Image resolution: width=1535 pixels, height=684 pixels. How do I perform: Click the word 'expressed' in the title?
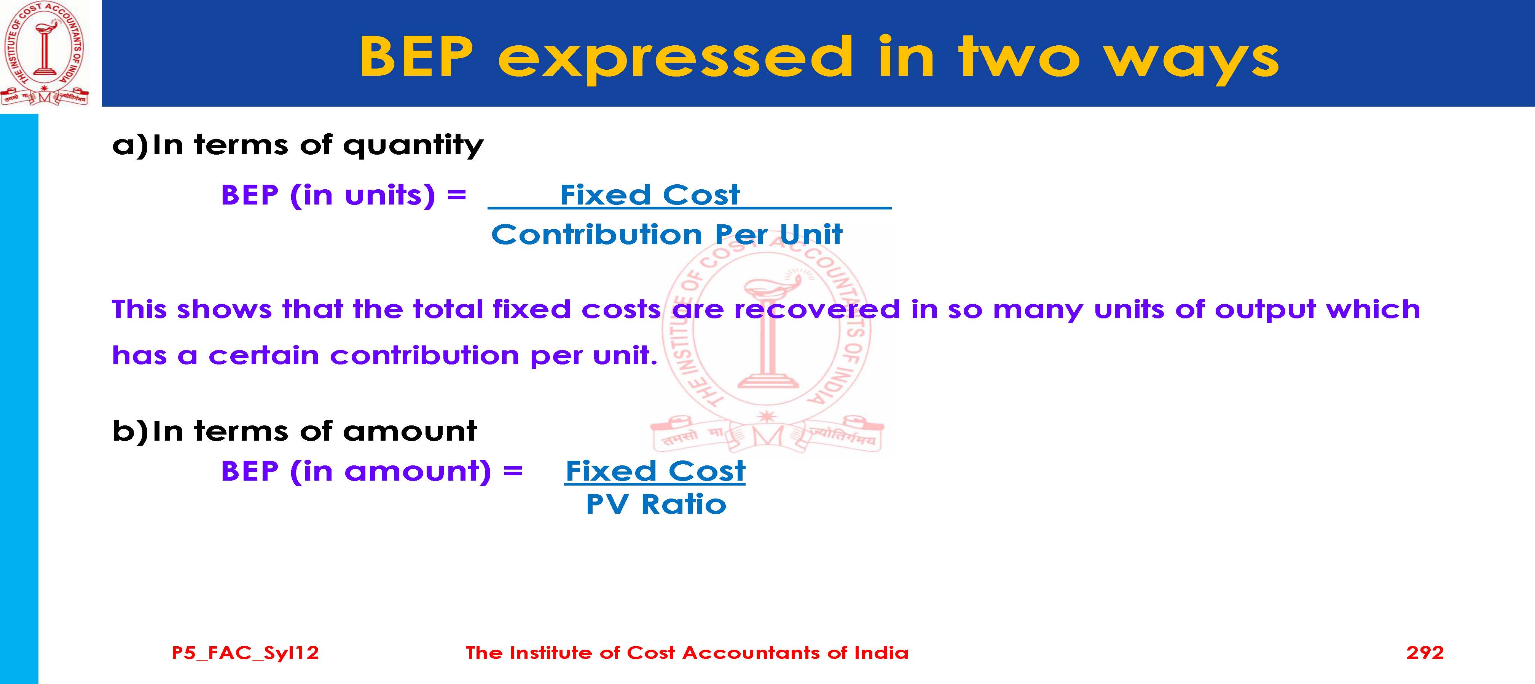click(x=676, y=58)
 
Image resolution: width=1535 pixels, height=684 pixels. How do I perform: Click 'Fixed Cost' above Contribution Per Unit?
click(x=650, y=195)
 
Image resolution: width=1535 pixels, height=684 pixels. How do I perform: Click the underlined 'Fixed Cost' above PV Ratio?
click(x=655, y=471)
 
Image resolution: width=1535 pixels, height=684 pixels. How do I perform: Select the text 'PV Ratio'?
click(x=656, y=505)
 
